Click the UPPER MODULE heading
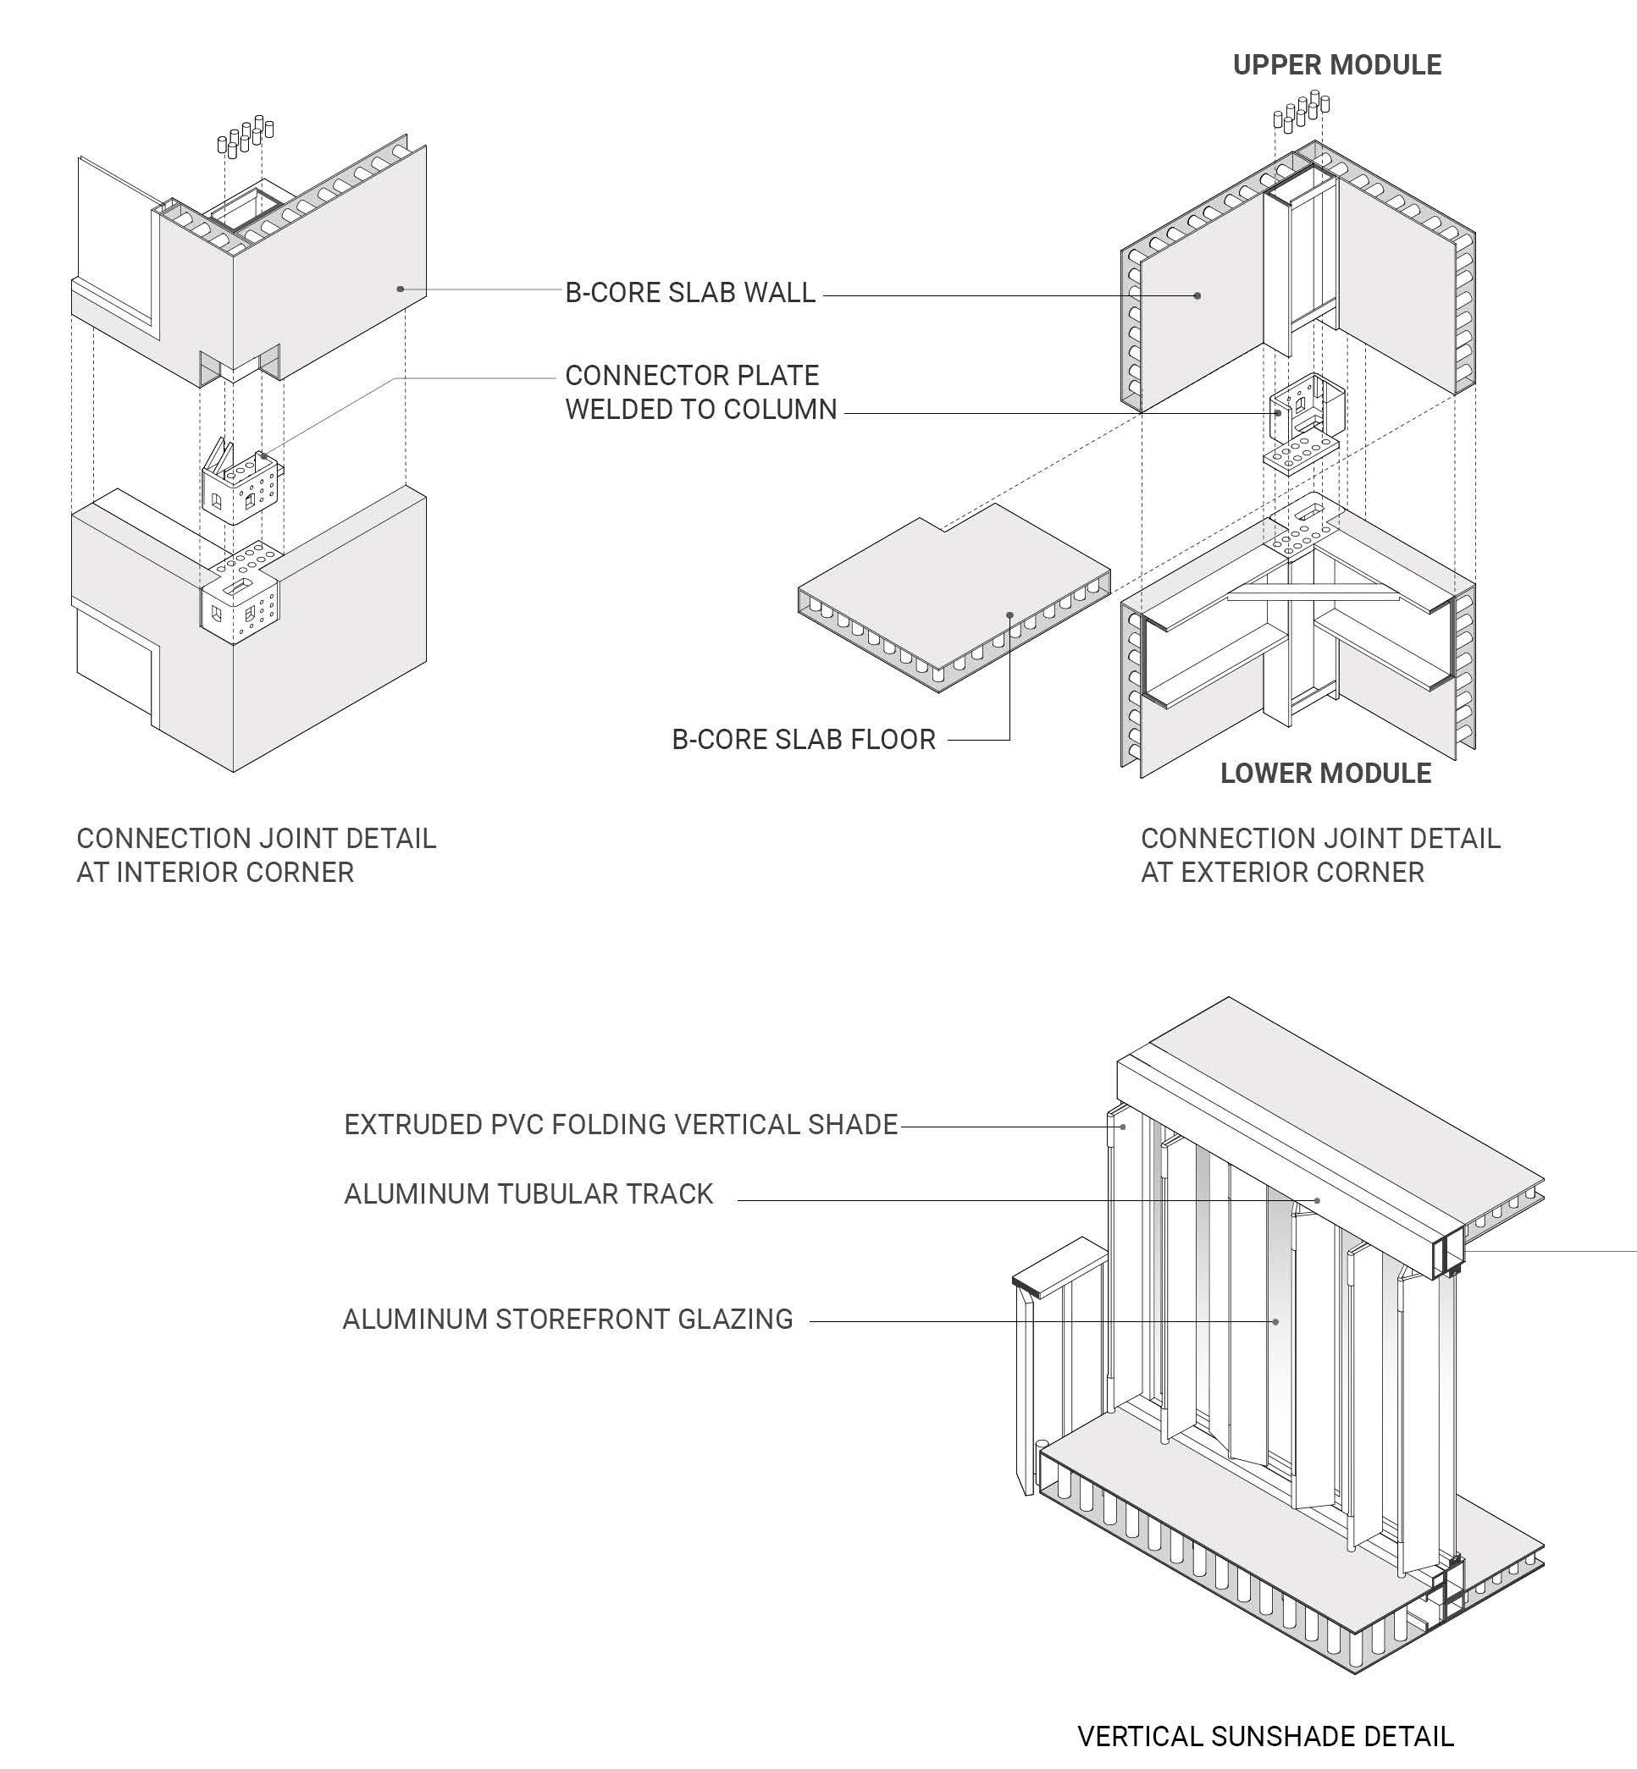pyautogui.click(x=1336, y=64)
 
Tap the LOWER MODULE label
pyautogui.click(x=1325, y=773)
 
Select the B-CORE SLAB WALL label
pyautogui.click(x=690, y=293)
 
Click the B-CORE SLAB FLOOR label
pyautogui.click(x=804, y=739)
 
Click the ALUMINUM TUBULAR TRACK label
pyautogui.click(x=528, y=1193)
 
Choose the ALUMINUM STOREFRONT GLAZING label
pyautogui.click(x=567, y=1320)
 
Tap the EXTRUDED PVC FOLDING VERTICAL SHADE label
pyautogui.click(x=621, y=1124)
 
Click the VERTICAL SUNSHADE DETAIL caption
pyautogui.click(x=1265, y=1736)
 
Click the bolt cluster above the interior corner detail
pyautogui.click(x=246, y=136)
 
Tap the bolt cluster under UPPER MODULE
pyautogui.click(x=1302, y=110)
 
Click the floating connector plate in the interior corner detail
pyautogui.click(x=241, y=487)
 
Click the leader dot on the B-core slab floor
pyautogui.click(x=1009, y=614)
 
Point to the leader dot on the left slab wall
pyautogui.click(x=401, y=289)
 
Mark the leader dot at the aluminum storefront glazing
pyautogui.click(x=1275, y=1322)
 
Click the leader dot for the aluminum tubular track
pyautogui.click(x=1317, y=1200)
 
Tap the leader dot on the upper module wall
pyautogui.click(x=1197, y=295)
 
